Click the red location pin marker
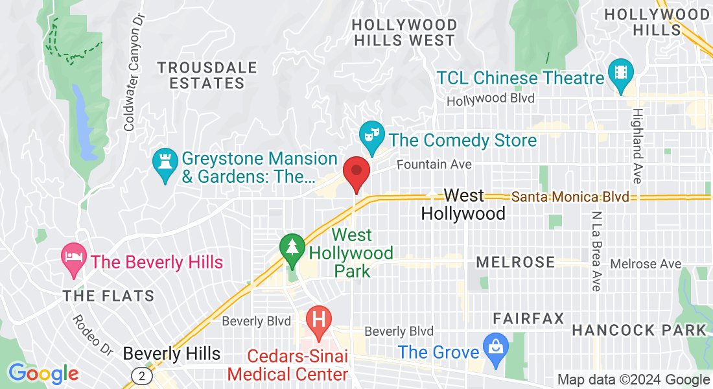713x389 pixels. (356, 173)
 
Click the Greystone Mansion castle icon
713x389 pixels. (165, 165)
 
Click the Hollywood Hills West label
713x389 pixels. (404, 32)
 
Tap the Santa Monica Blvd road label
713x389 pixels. (570, 196)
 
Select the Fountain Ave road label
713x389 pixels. (434, 165)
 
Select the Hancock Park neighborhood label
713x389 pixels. (639, 330)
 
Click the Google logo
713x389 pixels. (43, 373)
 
